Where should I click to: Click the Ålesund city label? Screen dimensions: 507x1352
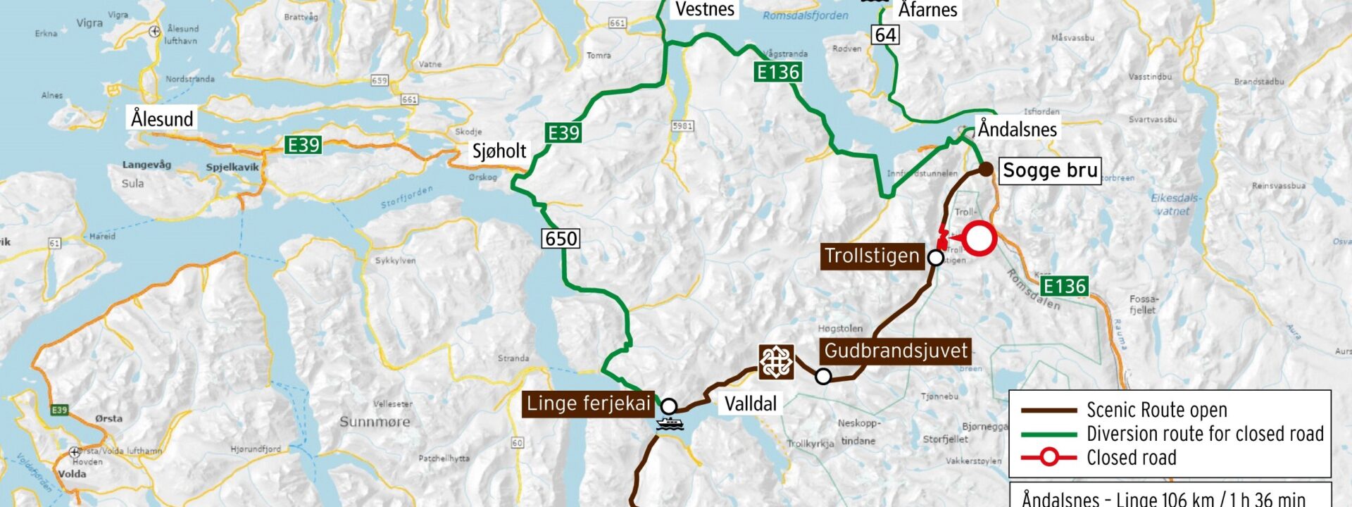pos(162,118)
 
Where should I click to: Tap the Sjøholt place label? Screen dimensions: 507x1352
pos(499,151)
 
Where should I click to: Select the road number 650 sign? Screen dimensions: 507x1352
pos(561,239)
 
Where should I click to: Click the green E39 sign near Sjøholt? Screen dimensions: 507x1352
pos(563,133)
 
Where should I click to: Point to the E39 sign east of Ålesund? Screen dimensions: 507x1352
pos(303,145)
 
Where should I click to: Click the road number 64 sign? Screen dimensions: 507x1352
pos(885,35)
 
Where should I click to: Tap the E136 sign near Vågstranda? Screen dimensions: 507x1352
pos(777,72)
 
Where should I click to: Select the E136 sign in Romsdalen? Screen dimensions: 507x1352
pos(1064,286)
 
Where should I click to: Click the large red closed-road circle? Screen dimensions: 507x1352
pos(979,238)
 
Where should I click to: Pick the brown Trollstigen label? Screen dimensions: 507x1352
pos(872,256)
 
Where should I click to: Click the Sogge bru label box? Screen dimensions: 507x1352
pos(1049,170)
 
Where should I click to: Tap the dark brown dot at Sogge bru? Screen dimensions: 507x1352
pos(987,169)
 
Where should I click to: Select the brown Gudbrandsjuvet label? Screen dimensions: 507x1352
pos(896,351)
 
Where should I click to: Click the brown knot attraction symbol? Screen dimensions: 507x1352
pos(776,363)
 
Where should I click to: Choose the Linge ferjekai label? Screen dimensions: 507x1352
pos(589,403)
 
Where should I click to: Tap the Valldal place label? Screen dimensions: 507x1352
pos(751,403)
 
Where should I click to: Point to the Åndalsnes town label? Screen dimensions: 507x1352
pos(1017,130)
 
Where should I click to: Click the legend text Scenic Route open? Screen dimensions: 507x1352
pos(1156,410)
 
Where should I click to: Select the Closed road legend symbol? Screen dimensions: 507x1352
pos(1049,458)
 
